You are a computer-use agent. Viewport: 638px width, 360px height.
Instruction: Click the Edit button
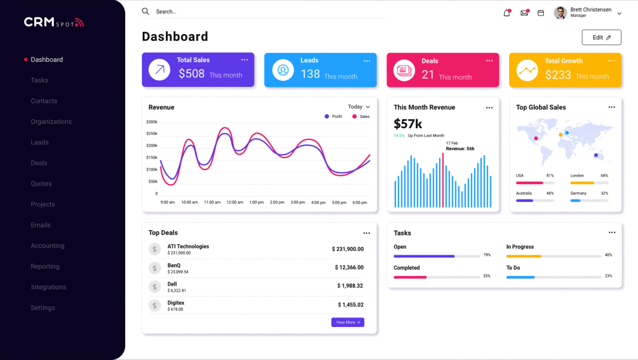tap(601, 37)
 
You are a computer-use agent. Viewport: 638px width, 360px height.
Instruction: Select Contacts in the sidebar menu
tap(44, 101)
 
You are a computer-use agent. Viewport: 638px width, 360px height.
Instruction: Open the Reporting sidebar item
tap(46, 267)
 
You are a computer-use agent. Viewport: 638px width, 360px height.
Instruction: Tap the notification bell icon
tap(507, 13)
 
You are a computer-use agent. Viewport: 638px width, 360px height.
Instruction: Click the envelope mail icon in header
tap(524, 13)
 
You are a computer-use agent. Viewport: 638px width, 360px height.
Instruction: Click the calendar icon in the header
tap(541, 13)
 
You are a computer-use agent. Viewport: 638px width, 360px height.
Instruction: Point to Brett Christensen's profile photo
tap(561, 13)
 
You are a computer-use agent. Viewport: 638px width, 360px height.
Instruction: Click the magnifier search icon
tap(146, 11)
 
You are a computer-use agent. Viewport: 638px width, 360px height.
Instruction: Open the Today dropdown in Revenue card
tap(359, 107)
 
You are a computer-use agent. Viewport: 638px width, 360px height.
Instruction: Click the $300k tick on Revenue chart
tap(152, 122)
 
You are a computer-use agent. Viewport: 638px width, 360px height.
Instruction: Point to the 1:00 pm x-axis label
tap(256, 202)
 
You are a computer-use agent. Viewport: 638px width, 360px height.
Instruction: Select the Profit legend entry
tap(334, 116)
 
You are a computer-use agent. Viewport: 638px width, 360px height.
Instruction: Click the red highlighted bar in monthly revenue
tap(443, 180)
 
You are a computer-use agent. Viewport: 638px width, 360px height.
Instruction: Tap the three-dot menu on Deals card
tap(489, 60)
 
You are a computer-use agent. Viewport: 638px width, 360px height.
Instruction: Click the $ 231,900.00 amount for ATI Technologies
tap(347, 249)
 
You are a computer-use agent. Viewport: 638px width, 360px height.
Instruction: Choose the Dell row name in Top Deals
tap(173, 284)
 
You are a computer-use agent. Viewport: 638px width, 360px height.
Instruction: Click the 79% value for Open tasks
tap(487, 255)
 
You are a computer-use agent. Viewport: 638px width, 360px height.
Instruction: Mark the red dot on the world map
tap(536, 138)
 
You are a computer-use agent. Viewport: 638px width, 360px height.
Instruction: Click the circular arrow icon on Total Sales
tap(159, 69)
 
